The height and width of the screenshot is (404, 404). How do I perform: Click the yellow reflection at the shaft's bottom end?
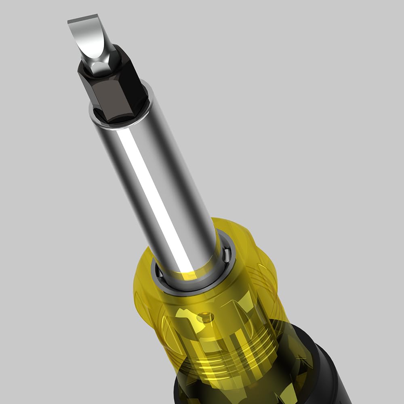pyautogui.click(x=190, y=275)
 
